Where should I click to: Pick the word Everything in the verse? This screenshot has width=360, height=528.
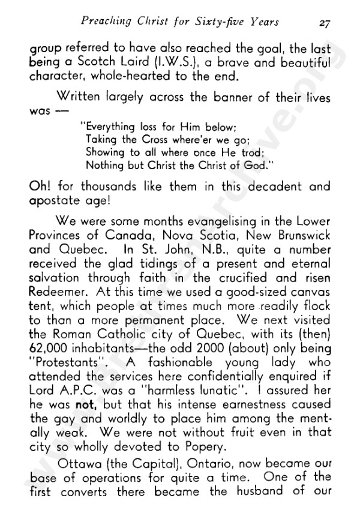110,127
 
